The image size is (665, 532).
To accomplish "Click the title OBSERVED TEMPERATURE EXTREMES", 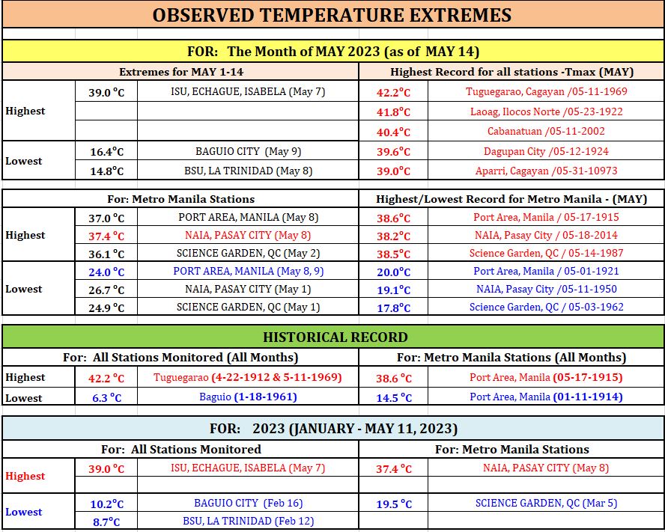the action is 332,15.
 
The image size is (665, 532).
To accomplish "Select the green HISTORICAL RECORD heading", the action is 335,337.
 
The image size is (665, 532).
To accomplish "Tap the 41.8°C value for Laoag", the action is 394,112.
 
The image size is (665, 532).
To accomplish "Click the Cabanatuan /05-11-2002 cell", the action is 546,131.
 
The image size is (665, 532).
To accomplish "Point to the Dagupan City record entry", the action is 546,151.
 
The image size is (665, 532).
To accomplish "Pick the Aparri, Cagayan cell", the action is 546,171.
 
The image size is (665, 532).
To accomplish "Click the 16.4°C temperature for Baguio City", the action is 107,152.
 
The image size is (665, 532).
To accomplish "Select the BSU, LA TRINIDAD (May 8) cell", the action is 248,171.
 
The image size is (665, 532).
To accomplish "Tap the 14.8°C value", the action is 107,171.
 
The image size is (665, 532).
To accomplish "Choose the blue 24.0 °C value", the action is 106,272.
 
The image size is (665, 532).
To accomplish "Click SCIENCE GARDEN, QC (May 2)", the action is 248,253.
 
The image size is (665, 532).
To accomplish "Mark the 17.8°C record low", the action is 394,308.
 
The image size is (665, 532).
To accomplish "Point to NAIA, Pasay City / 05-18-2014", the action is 546,235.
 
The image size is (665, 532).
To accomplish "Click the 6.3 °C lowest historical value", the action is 107,397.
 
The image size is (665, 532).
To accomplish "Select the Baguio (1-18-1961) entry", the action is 248,397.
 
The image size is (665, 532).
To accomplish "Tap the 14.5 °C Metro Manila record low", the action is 394,397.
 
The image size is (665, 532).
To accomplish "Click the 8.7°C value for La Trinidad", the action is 106,522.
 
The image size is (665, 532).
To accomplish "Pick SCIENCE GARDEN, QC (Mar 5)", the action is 546,503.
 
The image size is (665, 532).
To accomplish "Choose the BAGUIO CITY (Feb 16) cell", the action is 248,503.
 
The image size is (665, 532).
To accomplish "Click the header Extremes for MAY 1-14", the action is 181,72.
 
